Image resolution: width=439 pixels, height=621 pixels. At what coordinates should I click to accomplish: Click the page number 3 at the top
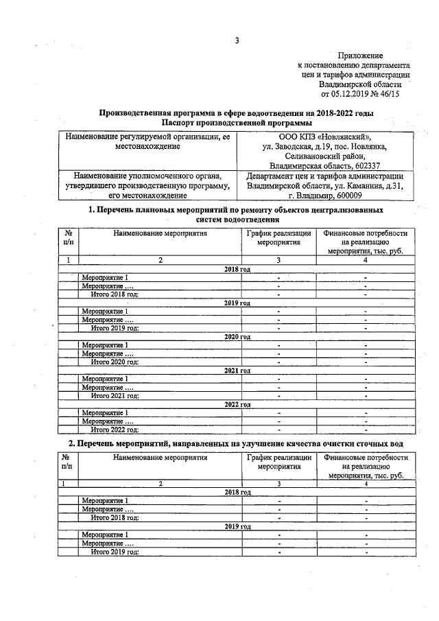pos(237,40)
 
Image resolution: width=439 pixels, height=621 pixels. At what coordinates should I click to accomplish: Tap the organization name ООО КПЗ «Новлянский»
pos(325,137)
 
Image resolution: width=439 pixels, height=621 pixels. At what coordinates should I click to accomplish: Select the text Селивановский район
pos(325,156)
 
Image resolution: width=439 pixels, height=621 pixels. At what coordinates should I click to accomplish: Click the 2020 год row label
pos(237,337)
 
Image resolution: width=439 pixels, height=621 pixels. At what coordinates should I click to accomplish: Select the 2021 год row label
pos(237,371)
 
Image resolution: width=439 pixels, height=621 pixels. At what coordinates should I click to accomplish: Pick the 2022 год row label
pos(237,404)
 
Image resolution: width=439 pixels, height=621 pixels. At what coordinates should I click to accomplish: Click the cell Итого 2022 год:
pos(115,430)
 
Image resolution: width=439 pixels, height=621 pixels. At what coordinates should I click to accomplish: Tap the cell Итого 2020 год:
pos(115,362)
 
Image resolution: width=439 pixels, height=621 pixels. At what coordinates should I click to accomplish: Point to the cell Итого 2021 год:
pos(115,395)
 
